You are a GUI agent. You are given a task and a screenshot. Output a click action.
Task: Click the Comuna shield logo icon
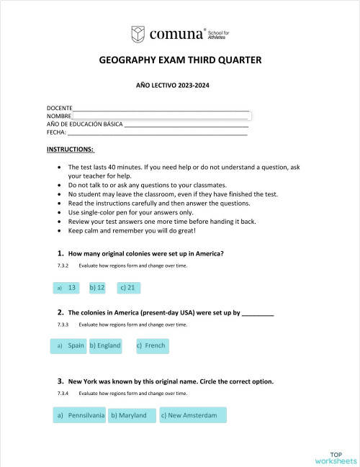point(138,34)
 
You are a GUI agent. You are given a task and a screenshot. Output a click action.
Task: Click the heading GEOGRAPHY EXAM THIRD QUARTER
point(180,60)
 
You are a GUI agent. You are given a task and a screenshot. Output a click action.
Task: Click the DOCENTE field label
point(59,108)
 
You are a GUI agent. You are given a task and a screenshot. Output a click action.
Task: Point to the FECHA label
point(56,132)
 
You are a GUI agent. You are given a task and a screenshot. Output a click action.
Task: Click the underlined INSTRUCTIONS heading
point(71,150)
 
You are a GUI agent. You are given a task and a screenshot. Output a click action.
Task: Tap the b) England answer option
point(105,346)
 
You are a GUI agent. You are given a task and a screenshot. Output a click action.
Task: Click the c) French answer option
point(151,346)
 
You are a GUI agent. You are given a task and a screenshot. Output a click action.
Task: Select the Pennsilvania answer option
point(79,415)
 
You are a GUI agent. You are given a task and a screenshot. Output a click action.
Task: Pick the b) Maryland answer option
point(132,415)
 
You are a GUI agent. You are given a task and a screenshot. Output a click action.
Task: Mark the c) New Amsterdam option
point(192,415)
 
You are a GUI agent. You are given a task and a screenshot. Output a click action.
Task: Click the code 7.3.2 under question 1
point(63,266)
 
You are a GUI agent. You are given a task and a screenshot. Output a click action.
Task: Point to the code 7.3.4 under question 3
point(63,394)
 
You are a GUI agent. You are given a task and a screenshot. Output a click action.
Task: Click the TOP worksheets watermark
point(335,458)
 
